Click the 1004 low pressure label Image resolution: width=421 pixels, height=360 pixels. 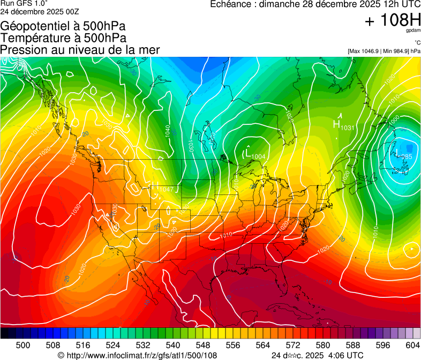[x=258, y=156]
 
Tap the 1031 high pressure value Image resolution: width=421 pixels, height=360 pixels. [x=348, y=127]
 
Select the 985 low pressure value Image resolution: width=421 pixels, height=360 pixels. [x=407, y=156]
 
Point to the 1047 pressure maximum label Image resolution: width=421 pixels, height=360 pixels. [x=167, y=190]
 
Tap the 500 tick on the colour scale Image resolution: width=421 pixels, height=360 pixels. [x=22, y=345]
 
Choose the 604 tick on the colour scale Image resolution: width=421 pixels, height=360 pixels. [x=412, y=345]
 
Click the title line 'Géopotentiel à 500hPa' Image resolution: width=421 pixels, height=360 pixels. [x=63, y=26]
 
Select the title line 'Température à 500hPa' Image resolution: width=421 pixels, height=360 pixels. [x=63, y=38]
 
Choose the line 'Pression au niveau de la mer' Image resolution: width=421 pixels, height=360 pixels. [x=80, y=50]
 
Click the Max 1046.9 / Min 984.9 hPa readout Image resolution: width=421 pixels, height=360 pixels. [x=384, y=51]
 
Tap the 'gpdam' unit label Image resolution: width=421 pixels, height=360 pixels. [x=413, y=32]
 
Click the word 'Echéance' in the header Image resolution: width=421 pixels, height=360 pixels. [x=231, y=5]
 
